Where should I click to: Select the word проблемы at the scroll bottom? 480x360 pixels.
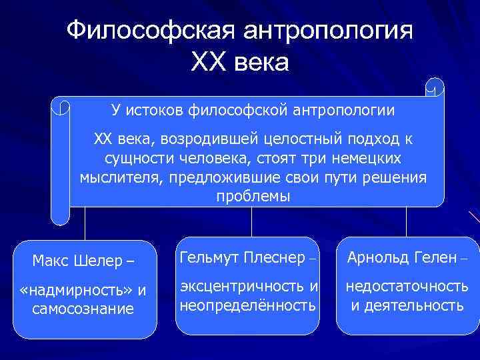click(x=253, y=197)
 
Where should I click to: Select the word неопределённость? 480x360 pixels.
click(x=247, y=305)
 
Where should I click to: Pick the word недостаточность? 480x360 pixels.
click(x=406, y=287)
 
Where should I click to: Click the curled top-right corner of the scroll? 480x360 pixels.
click(x=435, y=86)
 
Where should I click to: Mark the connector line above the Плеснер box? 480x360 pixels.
click(x=251, y=221)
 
